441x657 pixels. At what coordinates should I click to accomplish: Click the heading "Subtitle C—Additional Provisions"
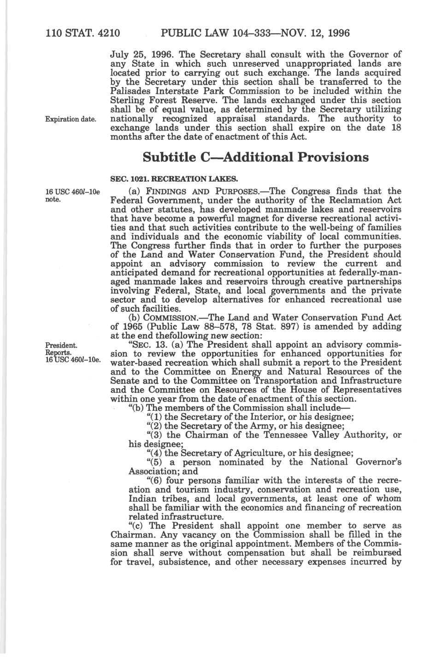pyautogui.click(x=256, y=157)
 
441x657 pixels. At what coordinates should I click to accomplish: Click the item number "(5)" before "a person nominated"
pyautogui.click(x=154, y=462)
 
